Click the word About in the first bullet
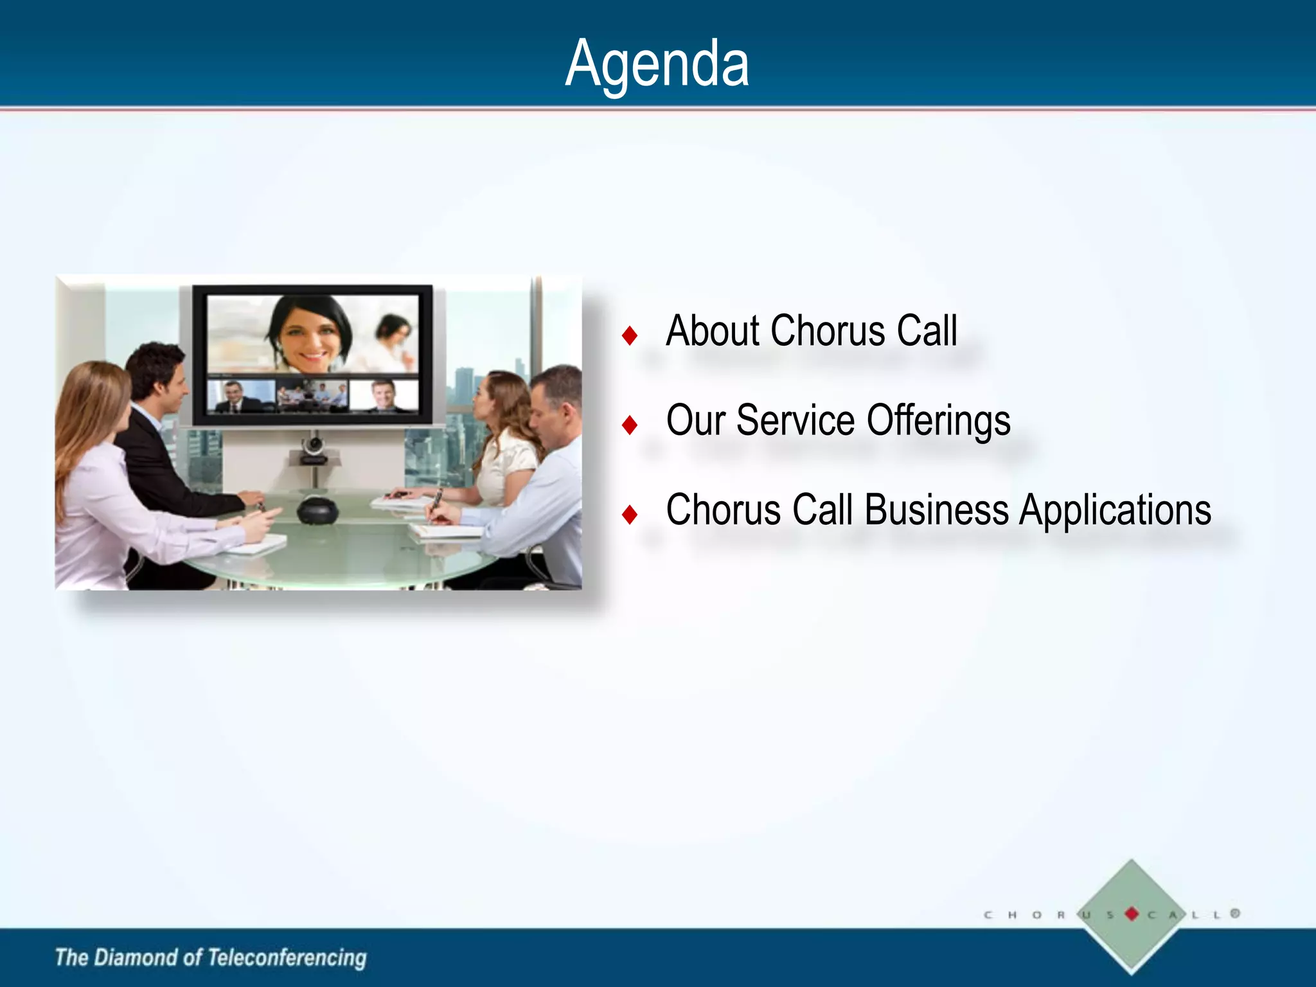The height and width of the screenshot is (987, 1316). pos(713,332)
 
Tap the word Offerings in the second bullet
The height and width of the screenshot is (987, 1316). pos(938,421)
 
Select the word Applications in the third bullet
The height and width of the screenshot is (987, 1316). pos(1115,511)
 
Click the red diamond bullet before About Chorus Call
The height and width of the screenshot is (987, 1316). pos(630,335)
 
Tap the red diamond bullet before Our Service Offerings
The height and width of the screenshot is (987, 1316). pos(630,425)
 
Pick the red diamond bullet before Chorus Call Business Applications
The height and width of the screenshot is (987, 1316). pos(630,514)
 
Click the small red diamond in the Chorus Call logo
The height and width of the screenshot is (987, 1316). pos(1132,914)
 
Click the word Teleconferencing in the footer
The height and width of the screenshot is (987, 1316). pos(287,957)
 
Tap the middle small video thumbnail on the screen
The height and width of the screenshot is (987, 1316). pos(312,395)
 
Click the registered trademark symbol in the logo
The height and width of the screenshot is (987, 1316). pos(1235,913)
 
